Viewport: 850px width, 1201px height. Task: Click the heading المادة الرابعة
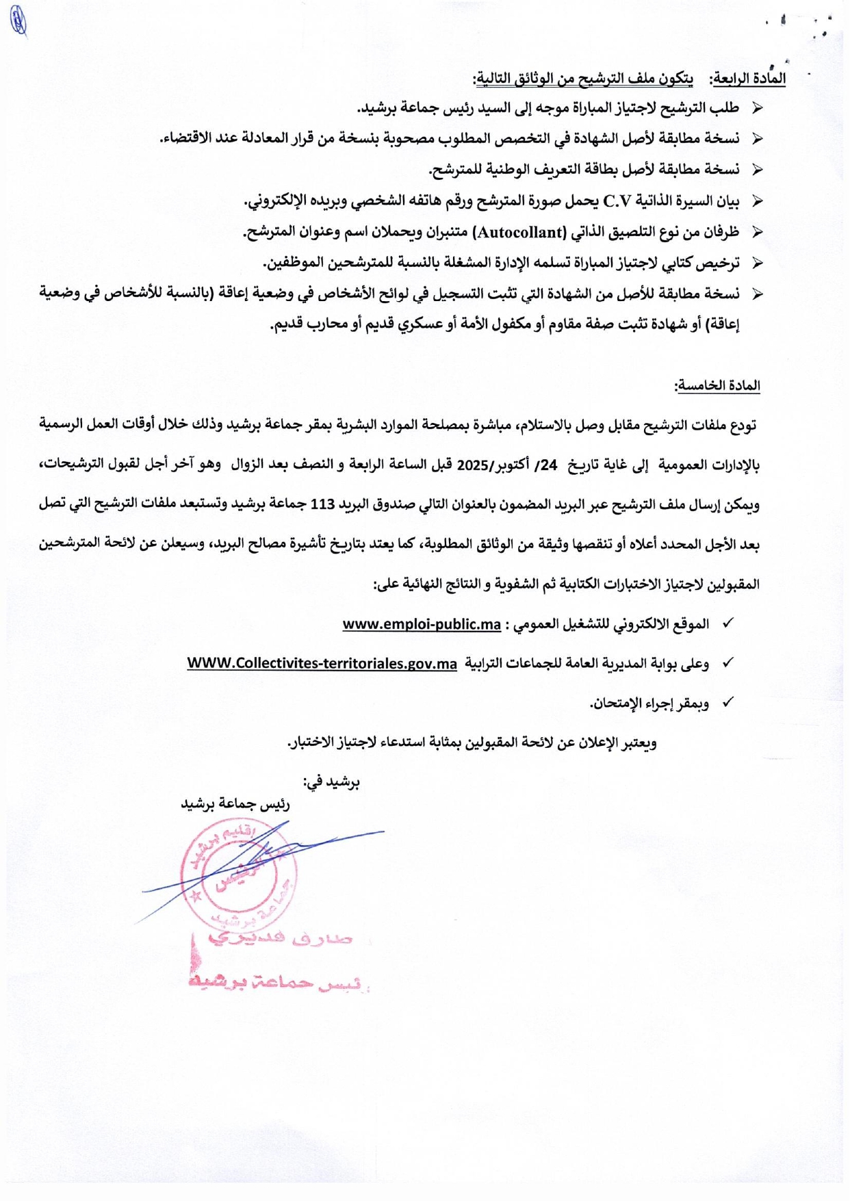pyautogui.click(x=748, y=79)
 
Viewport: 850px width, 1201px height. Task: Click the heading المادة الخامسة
pyautogui.click(x=717, y=386)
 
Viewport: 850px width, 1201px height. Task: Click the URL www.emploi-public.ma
pyautogui.click(x=422, y=624)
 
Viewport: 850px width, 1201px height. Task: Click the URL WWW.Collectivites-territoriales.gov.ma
pyautogui.click(x=322, y=663)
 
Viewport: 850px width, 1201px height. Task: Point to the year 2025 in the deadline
pyautogui.click(x=470, y=465)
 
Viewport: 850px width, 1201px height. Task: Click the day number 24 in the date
pyautogui.click(x=550, y=465)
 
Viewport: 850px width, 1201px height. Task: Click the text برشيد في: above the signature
pyautogui.click(x=332, y=782)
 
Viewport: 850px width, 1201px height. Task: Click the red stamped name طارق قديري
pyautogui.click(x=281, y=939)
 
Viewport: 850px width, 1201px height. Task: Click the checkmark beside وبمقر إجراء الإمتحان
pyautogui.click(x=727, y=702)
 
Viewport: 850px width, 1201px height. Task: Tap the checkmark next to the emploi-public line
pyautogui.click(x=727, y=623)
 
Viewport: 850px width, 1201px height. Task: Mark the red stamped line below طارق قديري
pyautogui.click(x=277, y=983)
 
